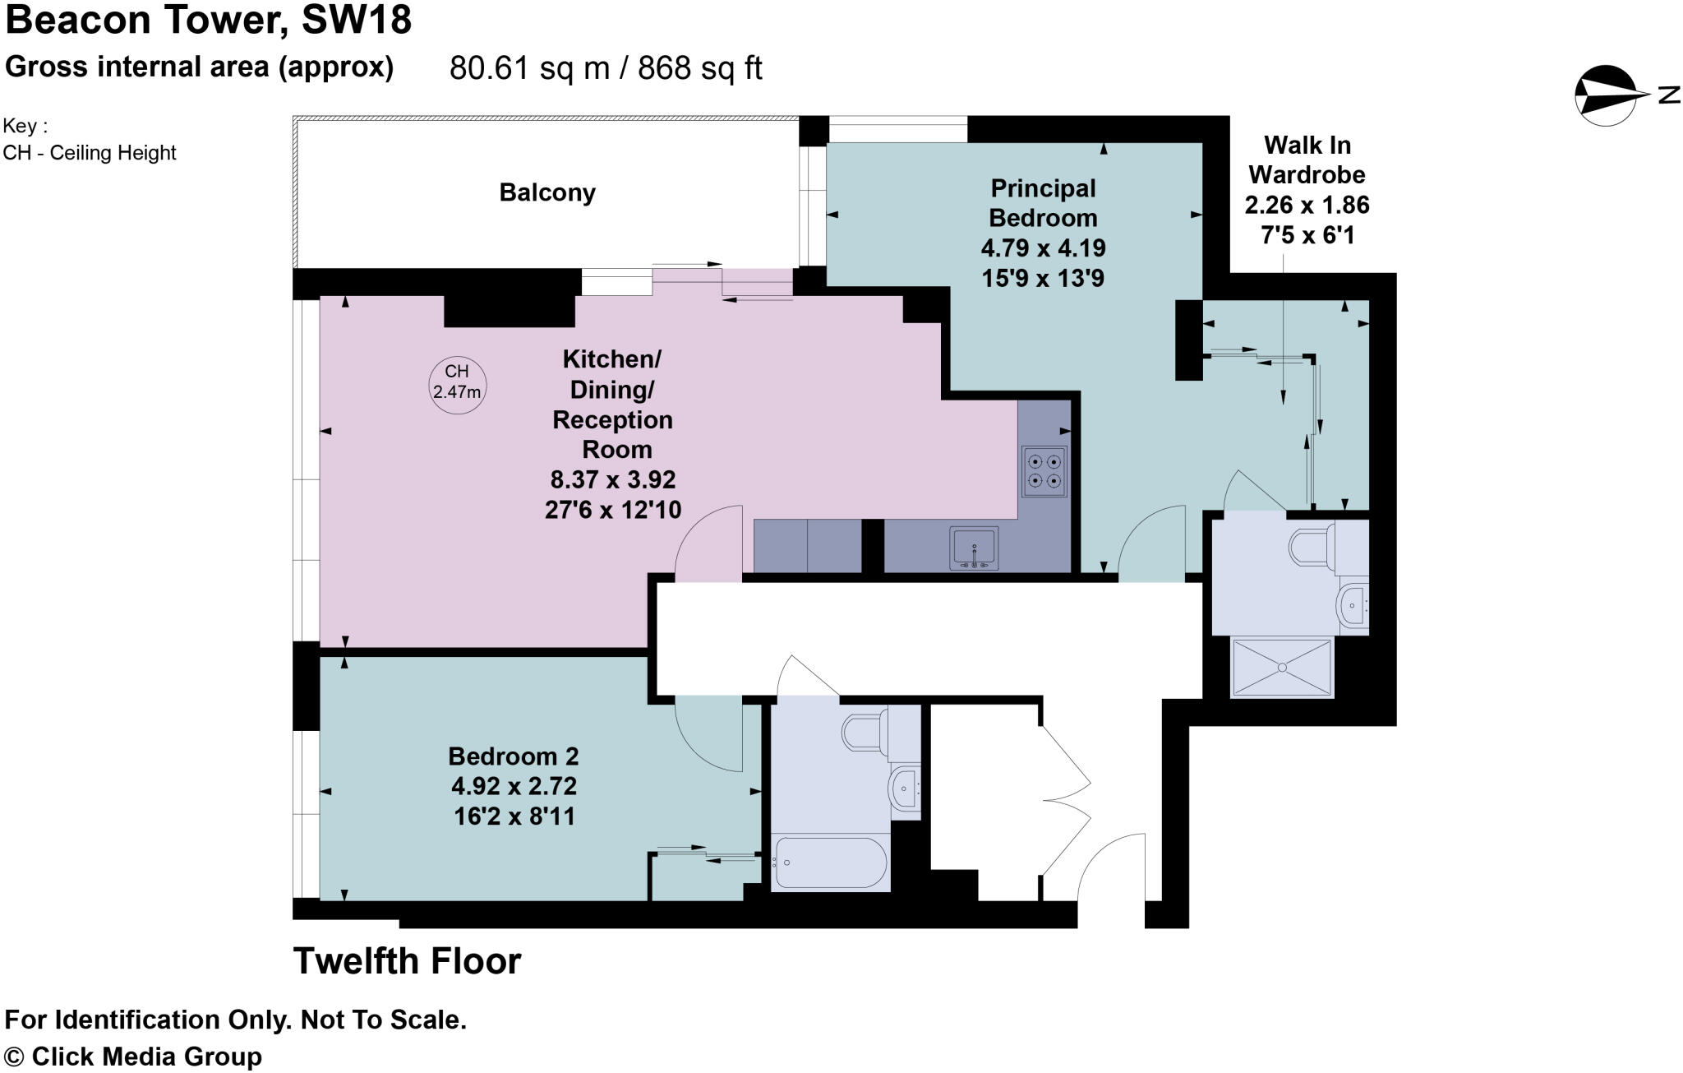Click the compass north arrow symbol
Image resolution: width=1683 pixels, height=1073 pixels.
tap(1607, 96)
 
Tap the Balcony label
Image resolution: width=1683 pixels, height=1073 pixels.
tap(547, 192)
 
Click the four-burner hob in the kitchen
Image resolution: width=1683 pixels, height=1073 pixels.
tap(1044, 472)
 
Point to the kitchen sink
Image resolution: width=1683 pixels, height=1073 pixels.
tap(974, 548)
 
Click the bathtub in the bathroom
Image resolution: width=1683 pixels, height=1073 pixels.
tap(830, 863)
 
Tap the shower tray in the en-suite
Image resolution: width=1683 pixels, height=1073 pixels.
tap(1281, 668)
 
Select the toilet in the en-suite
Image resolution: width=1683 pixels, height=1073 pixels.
tap(1315, 546)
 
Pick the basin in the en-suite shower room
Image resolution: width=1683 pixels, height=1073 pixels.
tap(1353, 607)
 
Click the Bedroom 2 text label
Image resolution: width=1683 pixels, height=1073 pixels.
tap(513, 756)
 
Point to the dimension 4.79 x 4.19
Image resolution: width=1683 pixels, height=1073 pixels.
tap(1043, 248)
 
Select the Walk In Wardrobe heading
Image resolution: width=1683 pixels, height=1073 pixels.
tap(1307, 160)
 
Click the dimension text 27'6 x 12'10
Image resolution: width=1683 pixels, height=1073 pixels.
tap(612, 511)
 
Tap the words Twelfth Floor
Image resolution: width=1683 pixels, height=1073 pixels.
tap(408, 961)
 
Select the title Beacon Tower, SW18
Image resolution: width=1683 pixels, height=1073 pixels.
tap(209, 20)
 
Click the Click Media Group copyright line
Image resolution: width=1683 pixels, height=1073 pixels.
tap(133, 1057)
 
